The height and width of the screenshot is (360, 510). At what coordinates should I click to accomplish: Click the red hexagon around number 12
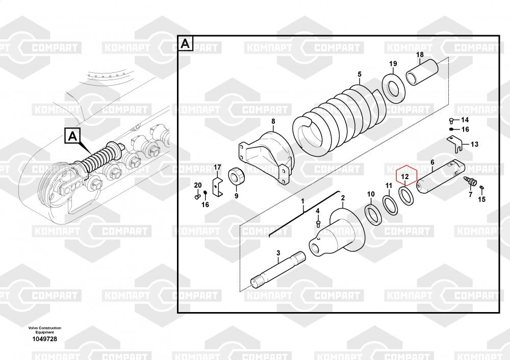[395, 175]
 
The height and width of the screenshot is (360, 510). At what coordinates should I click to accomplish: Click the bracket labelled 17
[217, 187]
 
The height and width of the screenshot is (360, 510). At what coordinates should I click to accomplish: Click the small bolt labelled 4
[318, 224]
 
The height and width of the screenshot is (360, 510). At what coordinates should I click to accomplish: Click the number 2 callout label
[343, 198]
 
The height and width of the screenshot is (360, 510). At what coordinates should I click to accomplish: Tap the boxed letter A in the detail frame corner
[185, 43]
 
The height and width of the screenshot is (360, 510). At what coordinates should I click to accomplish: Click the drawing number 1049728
[44, 339]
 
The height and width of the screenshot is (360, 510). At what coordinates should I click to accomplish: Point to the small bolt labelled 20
[197, 196]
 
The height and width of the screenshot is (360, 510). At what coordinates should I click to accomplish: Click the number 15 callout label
[482, 199]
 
